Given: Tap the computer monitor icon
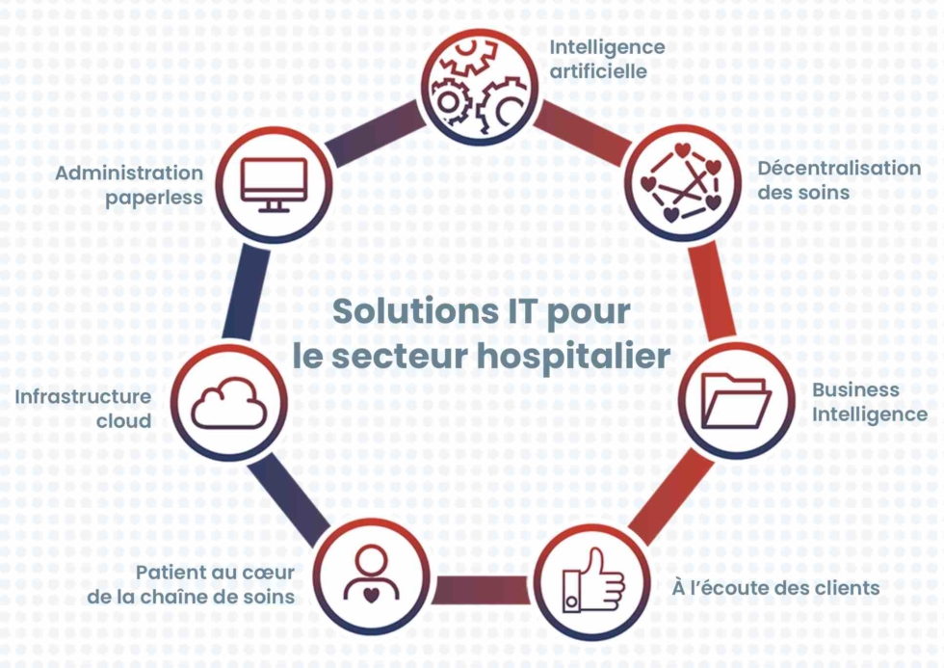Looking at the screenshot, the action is click(274, 184).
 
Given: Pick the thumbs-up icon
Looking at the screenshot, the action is click(593, 580).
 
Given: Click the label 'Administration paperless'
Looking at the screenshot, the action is click(129, 185).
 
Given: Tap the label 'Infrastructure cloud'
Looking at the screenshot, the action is click(83, 409).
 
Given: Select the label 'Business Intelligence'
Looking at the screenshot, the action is click(870, 402).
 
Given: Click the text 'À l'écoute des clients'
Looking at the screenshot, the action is click(775, 587).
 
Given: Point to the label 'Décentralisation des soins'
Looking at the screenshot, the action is click(839, 180).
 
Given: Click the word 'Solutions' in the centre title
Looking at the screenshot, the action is click(415, 311).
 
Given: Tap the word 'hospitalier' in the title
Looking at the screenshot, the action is click(574, 356).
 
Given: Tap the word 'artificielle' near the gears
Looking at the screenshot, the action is click(598, 71).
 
